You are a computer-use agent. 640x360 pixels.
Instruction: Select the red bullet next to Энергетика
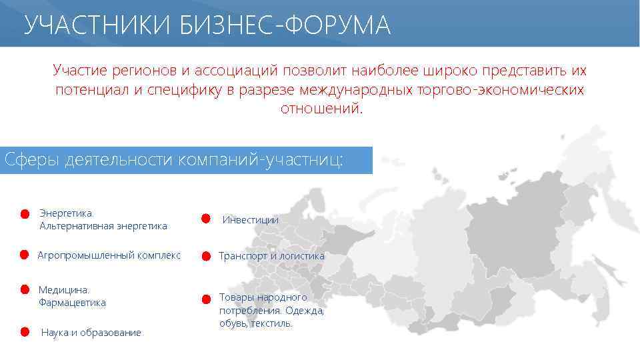[x=23, y=214]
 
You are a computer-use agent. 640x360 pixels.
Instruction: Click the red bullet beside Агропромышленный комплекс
[x=23, y=255]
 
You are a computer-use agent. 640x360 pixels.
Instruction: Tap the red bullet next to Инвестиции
[x=207, y=219]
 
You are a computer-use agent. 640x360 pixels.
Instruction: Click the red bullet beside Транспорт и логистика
[x=206, y=256]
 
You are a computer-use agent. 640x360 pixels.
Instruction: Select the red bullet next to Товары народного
[x=206, y=298]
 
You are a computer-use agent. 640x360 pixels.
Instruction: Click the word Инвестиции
[x=250, y=219]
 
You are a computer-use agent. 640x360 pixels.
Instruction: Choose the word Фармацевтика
[x=72, y=303]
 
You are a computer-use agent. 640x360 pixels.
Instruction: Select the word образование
[x=111, y=333]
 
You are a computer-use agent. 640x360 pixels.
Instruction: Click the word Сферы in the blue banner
[x=33, y=161]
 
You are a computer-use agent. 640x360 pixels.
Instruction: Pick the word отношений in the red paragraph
[x=321, y=107]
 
